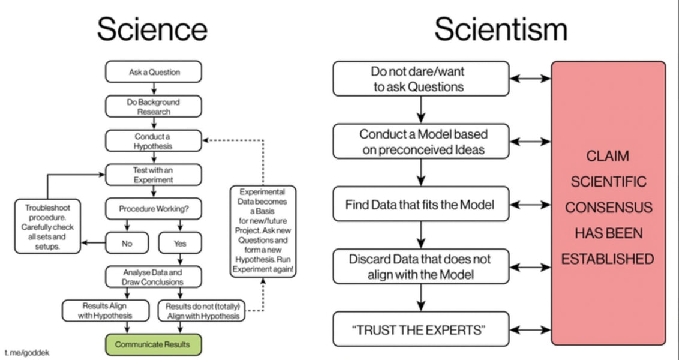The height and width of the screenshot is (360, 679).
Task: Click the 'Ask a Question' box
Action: tap(154, 72)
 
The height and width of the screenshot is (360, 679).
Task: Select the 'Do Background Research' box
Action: tap(154, 107)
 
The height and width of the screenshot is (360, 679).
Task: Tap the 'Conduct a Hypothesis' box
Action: tap(154, 141)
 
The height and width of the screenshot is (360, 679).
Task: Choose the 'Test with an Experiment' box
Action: tap(154, 175)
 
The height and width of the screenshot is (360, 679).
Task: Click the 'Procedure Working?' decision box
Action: tap(154, 209)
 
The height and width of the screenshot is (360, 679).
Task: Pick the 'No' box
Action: tap(127, 243)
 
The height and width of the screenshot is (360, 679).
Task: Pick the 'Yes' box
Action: tap(180, 243)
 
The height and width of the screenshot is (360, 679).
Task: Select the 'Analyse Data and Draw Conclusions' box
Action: tap(154, 277)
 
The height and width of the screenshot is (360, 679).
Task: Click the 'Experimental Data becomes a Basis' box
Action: tap(263, 231)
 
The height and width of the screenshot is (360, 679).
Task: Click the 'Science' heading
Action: tap(152, 29)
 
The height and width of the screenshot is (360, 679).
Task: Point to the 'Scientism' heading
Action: tap(501, 29)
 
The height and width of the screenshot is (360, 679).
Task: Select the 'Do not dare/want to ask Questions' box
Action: tap(420, 79)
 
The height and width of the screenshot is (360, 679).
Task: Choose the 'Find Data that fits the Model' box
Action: tap(420, 205)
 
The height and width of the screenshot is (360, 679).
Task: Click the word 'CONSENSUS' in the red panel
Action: tap(608, 207)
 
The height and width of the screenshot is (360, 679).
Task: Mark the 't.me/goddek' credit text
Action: tap(23, 350)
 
